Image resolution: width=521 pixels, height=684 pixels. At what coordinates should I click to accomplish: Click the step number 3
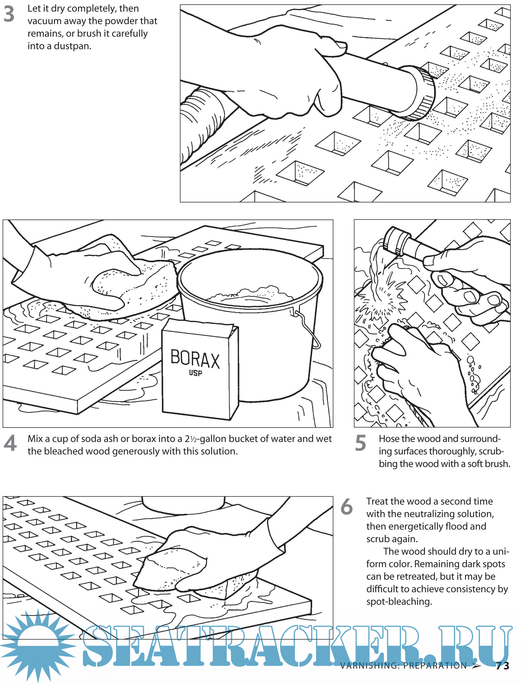(9, 14)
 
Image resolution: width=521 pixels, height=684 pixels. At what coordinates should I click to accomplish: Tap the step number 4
(10, 443)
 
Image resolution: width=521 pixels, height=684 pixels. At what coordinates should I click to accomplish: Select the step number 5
(360, 443)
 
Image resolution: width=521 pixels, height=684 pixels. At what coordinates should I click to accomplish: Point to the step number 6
(346, 507)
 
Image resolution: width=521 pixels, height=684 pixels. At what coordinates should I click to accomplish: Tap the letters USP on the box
(195, 373)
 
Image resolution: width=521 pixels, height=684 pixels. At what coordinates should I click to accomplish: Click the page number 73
(502, 666)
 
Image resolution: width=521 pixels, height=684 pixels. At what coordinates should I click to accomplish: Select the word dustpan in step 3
(73, 46)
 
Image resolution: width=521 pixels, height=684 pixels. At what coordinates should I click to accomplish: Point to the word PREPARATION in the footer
(435, 666)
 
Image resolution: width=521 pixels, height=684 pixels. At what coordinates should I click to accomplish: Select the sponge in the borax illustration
(136, 287)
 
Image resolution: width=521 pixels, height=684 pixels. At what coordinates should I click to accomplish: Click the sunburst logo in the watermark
(37, 646)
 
